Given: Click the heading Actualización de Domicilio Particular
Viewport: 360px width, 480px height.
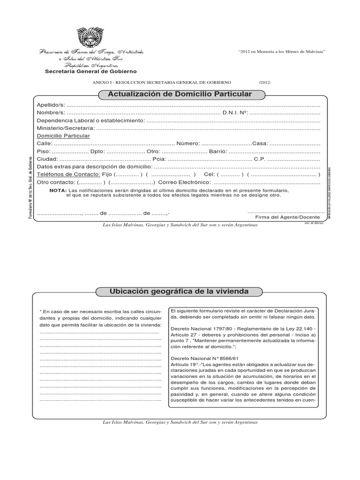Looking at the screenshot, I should pyautogui.click(x=180, y=95).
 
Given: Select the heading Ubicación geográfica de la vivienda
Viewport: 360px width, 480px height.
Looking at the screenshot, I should pyautogui.click(x=179, y=292).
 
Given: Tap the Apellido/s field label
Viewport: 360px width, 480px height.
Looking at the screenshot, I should pyautogui.click(x=51, y=105).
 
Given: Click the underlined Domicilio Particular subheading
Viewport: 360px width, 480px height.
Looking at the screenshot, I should pyautogui.click(x=63, y=135).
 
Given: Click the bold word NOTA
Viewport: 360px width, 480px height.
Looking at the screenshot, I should pyautogui.click(x=58, y=191).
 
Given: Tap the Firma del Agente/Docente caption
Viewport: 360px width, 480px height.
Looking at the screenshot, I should pyautogui.click(x=287, y=217).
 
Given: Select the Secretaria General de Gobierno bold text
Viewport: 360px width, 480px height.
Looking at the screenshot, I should pyautogui.click(x=90, y=72).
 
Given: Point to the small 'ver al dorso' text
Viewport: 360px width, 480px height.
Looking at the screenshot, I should pyautogui.click(x=314, y=224).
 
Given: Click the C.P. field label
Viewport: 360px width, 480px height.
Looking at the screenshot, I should pyautogui.click(x=260, y=159).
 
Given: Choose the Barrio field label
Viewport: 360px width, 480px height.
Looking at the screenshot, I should pyautogui.click(x=218, y=151).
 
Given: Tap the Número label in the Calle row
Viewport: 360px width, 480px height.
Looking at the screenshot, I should pyautogui.click(x=188, y=143).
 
